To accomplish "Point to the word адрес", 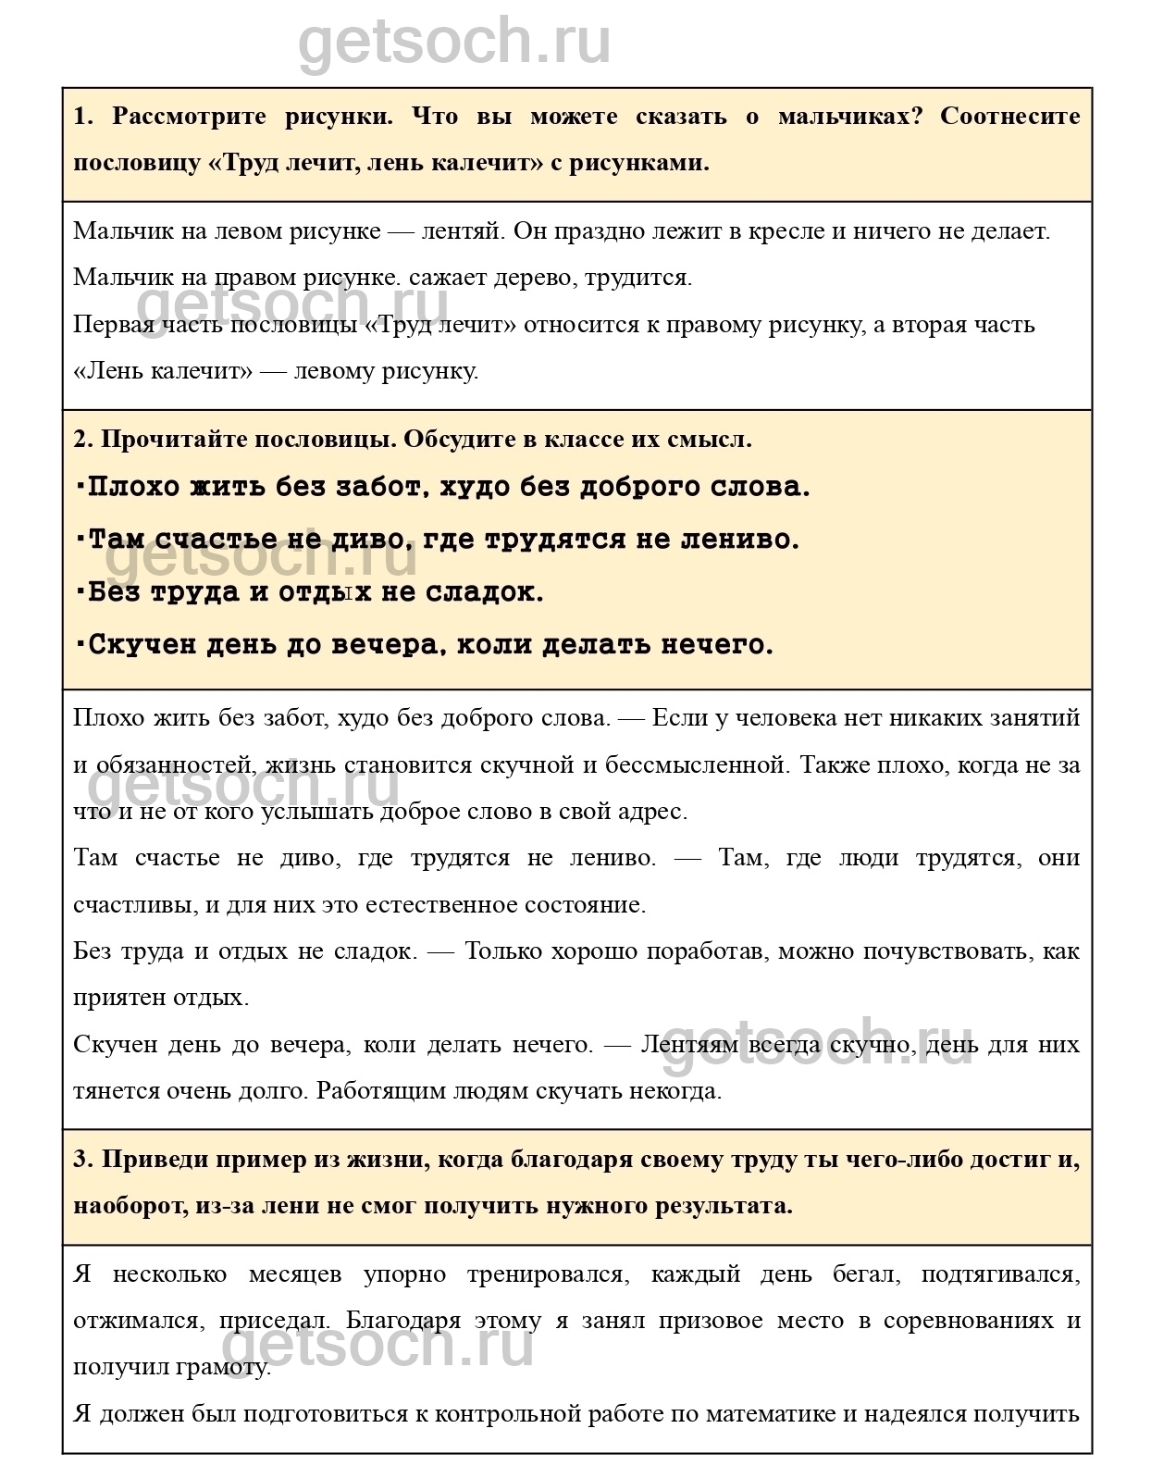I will pos(656,812).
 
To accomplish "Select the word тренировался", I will pos(547,1274).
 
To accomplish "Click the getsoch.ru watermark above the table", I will pos(454,42).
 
